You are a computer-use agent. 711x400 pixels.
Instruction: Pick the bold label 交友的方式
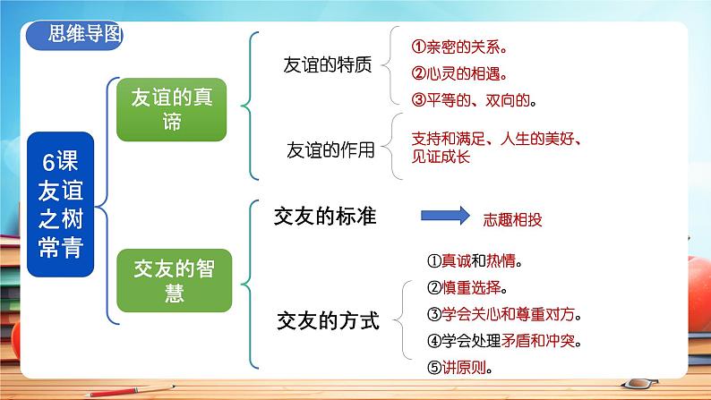click(329, 319)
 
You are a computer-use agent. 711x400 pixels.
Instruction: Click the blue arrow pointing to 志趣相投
click(445, 217)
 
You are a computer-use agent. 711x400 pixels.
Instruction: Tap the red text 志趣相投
click(513, 217)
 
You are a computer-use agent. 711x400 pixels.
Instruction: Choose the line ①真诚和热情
click(475, 261)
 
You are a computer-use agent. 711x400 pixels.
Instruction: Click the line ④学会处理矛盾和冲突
click(503, 341)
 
